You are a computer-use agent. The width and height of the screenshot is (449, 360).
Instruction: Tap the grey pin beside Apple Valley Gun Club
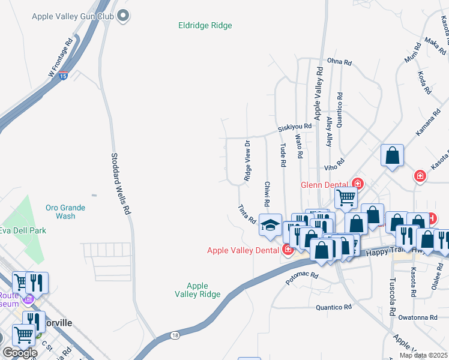124,16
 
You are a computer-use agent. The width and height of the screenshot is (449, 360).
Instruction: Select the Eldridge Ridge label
205,25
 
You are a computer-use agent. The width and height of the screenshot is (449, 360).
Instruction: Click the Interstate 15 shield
64,76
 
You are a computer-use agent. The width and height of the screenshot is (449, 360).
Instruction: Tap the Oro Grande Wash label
65,212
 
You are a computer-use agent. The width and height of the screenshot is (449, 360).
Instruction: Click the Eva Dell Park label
22,230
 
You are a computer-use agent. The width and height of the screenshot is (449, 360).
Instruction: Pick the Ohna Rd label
338,61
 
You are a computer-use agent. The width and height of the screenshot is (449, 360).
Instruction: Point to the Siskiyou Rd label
295,127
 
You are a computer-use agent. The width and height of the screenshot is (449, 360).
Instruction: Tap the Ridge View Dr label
247,161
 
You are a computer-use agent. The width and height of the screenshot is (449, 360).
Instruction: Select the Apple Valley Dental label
244,250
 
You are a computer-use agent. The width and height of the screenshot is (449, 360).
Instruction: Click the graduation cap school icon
270,226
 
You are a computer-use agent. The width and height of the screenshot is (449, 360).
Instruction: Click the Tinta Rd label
247,214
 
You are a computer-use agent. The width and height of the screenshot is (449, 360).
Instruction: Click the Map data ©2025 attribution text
423,355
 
